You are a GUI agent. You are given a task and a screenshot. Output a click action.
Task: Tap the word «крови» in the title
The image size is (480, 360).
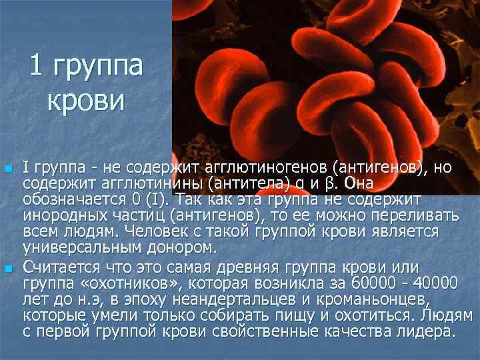(x=86, y=101)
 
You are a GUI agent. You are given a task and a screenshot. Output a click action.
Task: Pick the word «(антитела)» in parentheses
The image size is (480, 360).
(x=245, y=183)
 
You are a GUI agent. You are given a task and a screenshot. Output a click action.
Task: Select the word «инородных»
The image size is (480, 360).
(x=61, y=215)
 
